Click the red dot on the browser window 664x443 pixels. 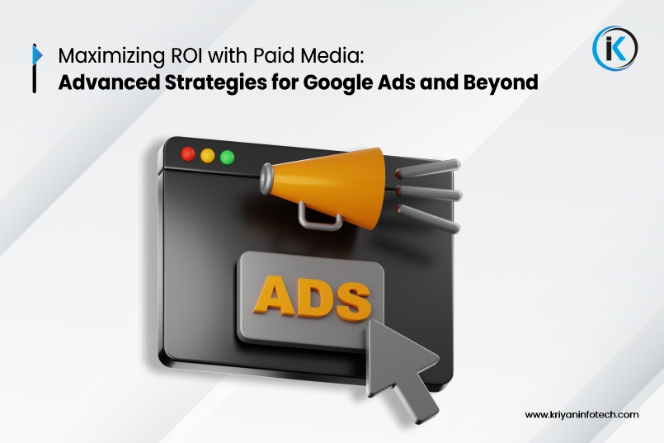point(188,153)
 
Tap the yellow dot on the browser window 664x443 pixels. point(208,155)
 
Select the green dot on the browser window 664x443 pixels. point(228,157)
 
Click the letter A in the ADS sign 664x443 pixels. point(274,295)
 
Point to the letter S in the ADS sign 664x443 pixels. point(353,302)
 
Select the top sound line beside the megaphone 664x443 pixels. point(428,167)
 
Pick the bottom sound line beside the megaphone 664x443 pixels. point(428,219)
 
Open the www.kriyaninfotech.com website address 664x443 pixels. point(582,415)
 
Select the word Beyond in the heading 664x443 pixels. point(501,83)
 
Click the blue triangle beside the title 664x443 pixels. point(38,55)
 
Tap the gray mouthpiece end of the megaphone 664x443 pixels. point(266,179)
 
